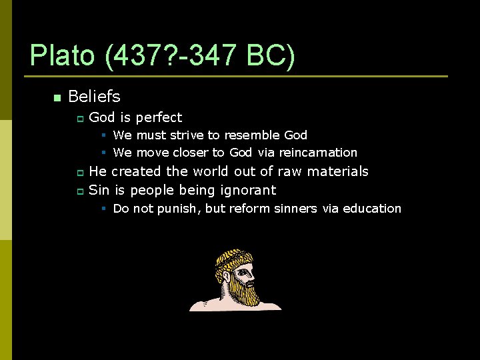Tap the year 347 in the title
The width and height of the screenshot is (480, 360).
point(211,56)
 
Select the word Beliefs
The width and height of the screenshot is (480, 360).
point(94,97)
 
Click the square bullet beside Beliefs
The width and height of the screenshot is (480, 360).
point(57,98)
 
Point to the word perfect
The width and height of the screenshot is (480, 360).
point(159,118)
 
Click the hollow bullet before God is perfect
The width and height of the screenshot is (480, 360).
point(79,119)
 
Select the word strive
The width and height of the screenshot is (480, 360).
point(187,135)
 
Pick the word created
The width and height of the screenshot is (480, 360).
point(136,171)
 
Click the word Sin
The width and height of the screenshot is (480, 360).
point(99,190)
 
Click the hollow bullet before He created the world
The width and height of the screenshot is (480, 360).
point(79,173)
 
